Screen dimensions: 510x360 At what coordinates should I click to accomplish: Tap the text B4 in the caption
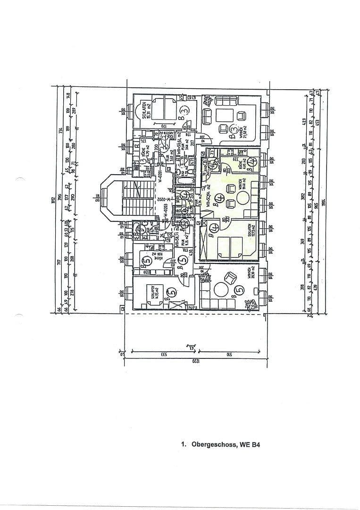click(256, 444)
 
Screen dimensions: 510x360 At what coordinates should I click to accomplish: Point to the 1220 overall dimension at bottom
click(193, 361)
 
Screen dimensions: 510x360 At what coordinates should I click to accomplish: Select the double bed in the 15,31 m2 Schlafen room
click(163, 108)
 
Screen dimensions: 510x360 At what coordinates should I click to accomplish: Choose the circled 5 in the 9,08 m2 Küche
click(146, 258)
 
